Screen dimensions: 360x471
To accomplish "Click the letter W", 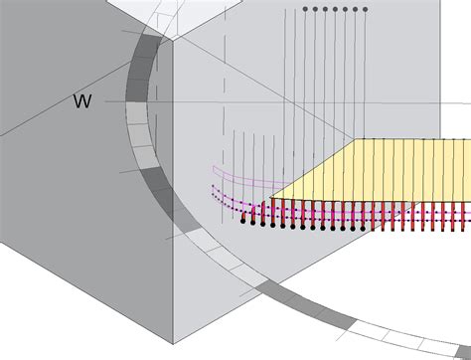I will pyautogui.click(x=83, y=101).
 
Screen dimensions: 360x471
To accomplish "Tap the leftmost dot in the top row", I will pyautogui.click(x=305, y=9).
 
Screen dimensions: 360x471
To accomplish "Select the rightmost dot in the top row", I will pyautogui.click(x=366, y=9).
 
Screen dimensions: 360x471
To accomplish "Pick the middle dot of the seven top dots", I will pyautogui.click(x=335, y=9).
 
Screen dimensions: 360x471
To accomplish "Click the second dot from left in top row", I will pyautogui.click(x=315, y=9).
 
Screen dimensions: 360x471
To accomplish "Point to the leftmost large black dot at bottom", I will pyautogui.click(x=243, y=221).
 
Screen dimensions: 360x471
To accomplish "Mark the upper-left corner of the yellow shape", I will pyautogui.click(x=362, y=139).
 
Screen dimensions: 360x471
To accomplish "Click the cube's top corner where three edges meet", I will pyautogui.click(x=171, y=41).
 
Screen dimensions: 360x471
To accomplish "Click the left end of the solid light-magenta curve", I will pyautogui.click(x=211, y=166).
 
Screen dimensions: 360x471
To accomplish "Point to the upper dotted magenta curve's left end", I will pyautogui.click(x=213, y=185).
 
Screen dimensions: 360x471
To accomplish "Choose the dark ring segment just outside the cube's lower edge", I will pyautogui.click(x=275, y=290).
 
